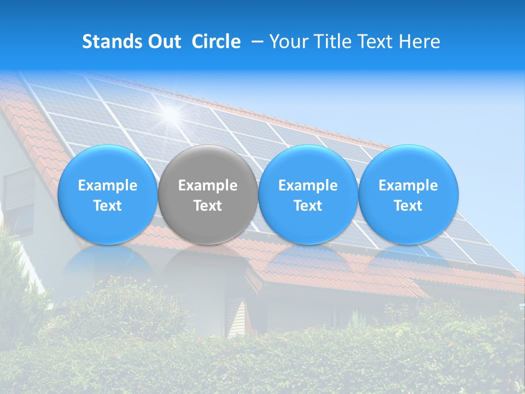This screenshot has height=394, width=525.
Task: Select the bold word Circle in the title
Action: click(216, 42)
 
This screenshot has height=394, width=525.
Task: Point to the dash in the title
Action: click(255, 42)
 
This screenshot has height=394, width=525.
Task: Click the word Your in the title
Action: click(288, 42)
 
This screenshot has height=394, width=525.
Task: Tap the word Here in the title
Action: click(419, 42)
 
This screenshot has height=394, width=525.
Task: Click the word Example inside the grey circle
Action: click(208, 186)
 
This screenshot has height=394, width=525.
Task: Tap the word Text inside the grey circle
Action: click(208, 206)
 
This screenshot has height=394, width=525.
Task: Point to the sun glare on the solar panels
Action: click(171, 114)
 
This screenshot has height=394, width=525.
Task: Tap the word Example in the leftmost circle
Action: click(108, 186)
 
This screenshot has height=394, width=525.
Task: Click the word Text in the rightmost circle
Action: click(409, 206)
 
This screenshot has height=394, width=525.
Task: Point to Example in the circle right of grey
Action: click(308, 186)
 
